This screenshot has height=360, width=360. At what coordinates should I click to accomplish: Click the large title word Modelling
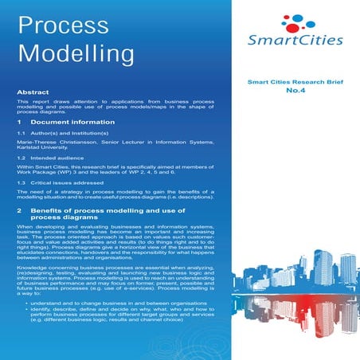76,53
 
